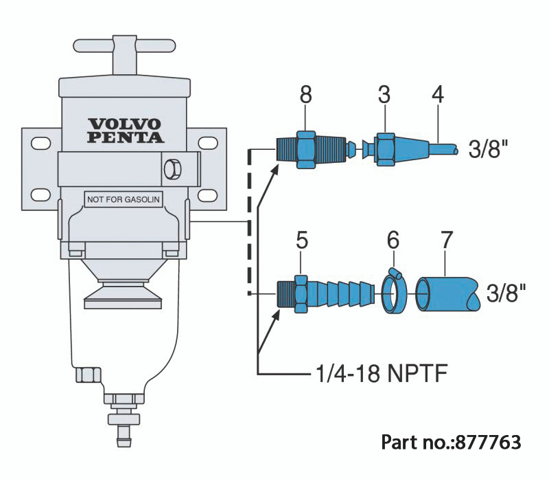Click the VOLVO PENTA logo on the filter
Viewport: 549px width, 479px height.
pyautogui.click(x=126, y=130)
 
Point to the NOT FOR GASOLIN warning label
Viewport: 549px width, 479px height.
pyautogui.click(x=123, y=199)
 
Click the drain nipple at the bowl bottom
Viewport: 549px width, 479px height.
pyautogui.click(x=124, y=430)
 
